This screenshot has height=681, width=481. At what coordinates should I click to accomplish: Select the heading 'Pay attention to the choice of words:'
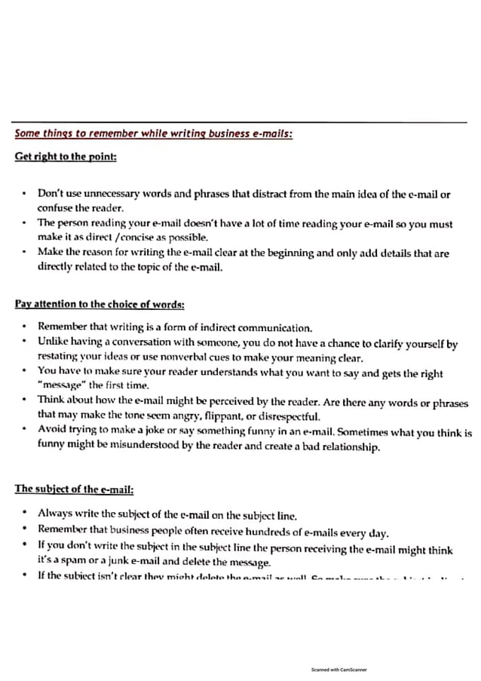tap(100, 304)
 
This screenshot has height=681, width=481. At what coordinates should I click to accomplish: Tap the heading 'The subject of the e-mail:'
tap(74, 489)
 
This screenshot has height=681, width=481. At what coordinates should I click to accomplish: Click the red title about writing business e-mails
tap(154, 134)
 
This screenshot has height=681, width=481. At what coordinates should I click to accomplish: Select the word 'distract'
tap(262, 194)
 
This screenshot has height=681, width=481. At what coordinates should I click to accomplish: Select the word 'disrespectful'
tap(288, 417)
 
